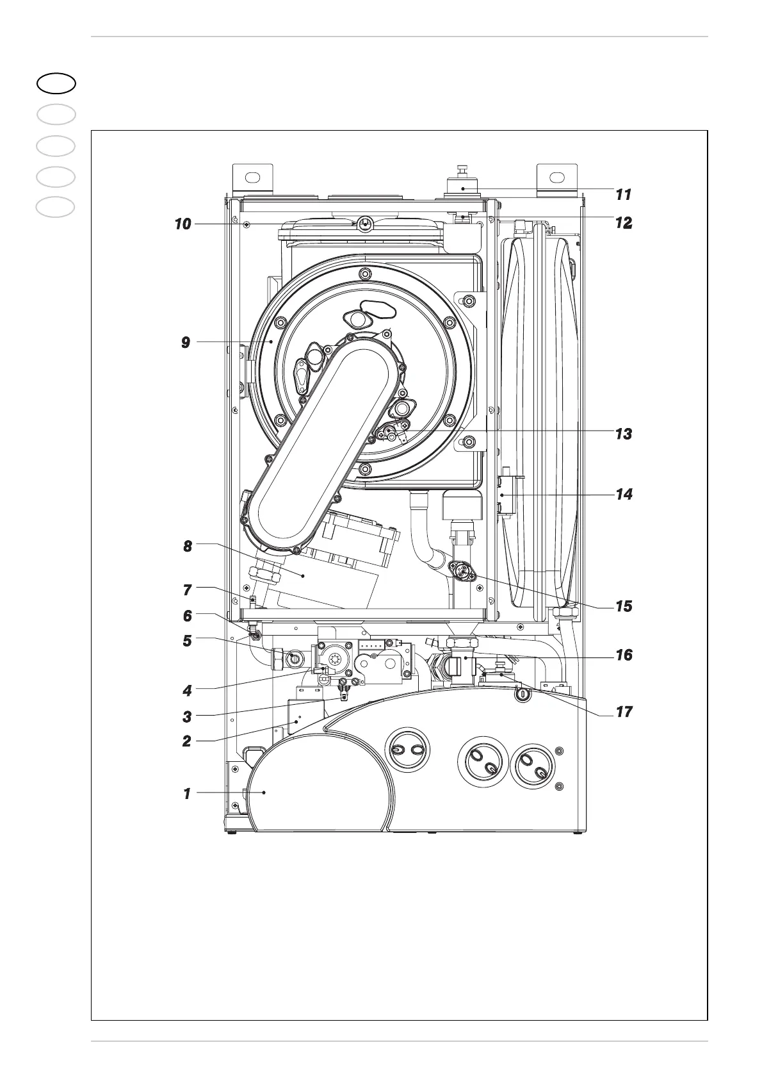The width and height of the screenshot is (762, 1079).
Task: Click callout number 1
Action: point(187,794)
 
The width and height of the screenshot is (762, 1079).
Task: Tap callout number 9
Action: point(186,343)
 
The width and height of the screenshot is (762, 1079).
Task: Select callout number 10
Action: point(183,224)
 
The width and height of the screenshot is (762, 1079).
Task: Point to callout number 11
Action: point(624,194)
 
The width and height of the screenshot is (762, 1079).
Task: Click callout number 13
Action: point(624,434)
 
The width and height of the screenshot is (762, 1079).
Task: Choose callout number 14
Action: point(624,495)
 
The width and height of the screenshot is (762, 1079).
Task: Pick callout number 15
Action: point(624,606)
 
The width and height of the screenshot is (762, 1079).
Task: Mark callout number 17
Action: point(624,712)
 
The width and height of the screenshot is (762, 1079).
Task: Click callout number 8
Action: point(187,547)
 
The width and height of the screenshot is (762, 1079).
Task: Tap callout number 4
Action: point(187,691)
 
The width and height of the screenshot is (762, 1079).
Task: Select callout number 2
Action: point(187,742)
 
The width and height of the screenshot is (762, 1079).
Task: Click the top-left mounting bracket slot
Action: point(254,177)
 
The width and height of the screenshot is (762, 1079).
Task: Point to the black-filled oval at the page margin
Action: point(56,83)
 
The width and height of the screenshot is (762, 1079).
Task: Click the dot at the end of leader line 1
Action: point(264,793)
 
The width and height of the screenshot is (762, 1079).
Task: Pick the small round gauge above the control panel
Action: point(523,693)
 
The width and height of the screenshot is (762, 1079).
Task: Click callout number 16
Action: point(624,655)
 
